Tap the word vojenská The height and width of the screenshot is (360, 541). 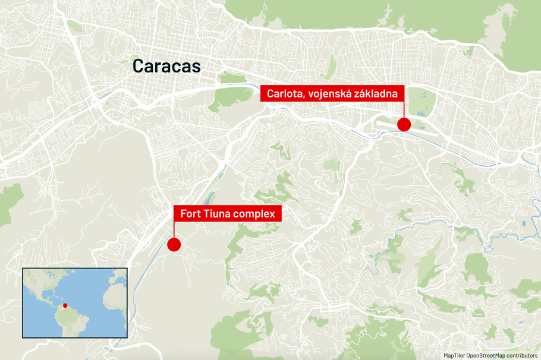[x=329, y=93]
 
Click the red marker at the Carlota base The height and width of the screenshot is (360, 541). [x=404, y=124]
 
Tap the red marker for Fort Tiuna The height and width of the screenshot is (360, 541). [x=174, y=244]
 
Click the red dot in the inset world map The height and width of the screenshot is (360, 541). [x=65, y=306]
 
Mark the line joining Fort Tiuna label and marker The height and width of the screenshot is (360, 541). [x=174, y=230]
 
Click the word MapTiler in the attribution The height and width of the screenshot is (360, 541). [x=455, y=355]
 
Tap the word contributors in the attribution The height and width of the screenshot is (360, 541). [x=521, y=355]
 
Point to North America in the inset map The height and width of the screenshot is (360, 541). [x=42, y=282]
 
